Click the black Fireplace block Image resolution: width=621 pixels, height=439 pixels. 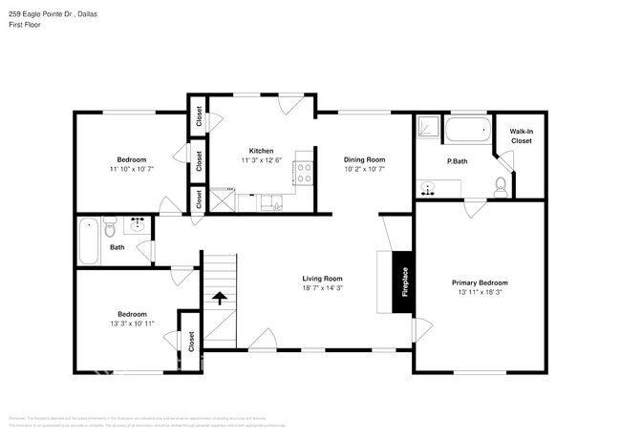(402, 282)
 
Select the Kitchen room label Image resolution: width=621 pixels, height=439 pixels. (261, 151)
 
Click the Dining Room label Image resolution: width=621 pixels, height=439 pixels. (364, 159)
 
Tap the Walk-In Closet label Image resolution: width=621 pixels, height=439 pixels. (521, 136)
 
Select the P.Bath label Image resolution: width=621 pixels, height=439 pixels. (457, 161)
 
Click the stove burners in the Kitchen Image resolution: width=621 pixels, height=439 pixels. (305, 172)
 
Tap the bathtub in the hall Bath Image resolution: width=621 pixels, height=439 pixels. (88, 240)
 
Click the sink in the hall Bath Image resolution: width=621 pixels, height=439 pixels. (137, 225)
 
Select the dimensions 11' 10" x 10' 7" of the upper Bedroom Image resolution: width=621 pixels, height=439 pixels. (131, 168)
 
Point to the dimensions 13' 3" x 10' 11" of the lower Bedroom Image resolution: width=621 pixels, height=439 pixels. (132, 323)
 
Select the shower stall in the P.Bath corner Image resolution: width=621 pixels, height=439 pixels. (428, 128)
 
